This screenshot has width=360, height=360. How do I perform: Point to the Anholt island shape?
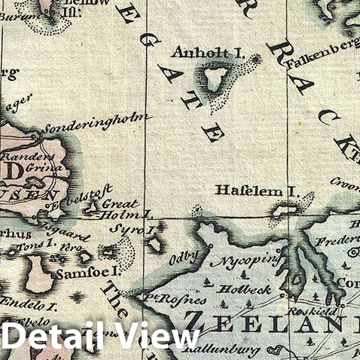216,78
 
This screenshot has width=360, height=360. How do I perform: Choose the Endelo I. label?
28,304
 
